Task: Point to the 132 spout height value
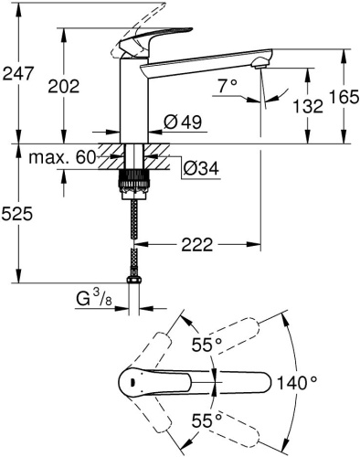pos(311,106)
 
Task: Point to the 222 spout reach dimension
pos(209,244)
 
